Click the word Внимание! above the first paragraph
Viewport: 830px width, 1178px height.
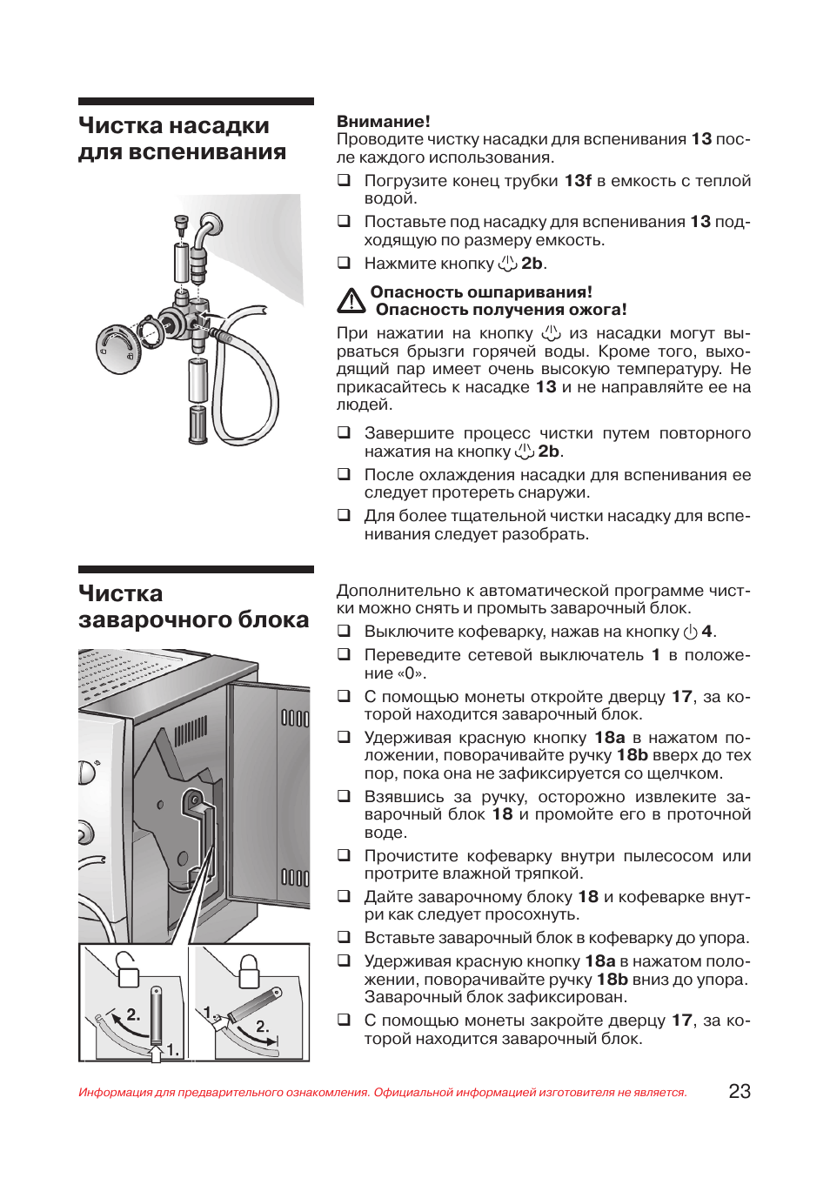383,122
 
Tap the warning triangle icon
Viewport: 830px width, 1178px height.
351,301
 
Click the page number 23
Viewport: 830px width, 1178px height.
739,1091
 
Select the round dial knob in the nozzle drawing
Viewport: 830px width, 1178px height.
117,347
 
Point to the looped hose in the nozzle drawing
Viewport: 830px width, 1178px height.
248,383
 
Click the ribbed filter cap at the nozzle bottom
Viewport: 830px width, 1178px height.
198,425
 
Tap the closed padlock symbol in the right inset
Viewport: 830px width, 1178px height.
250,970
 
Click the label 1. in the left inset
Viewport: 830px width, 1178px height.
173,1049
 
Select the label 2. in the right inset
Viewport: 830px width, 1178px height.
262,1027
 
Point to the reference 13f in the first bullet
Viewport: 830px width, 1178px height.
578,181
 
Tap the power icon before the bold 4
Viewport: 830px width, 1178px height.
691,633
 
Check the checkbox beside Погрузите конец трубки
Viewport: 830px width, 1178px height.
345,180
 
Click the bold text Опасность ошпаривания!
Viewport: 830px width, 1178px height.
481,292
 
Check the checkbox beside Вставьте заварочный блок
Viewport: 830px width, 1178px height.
345,937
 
